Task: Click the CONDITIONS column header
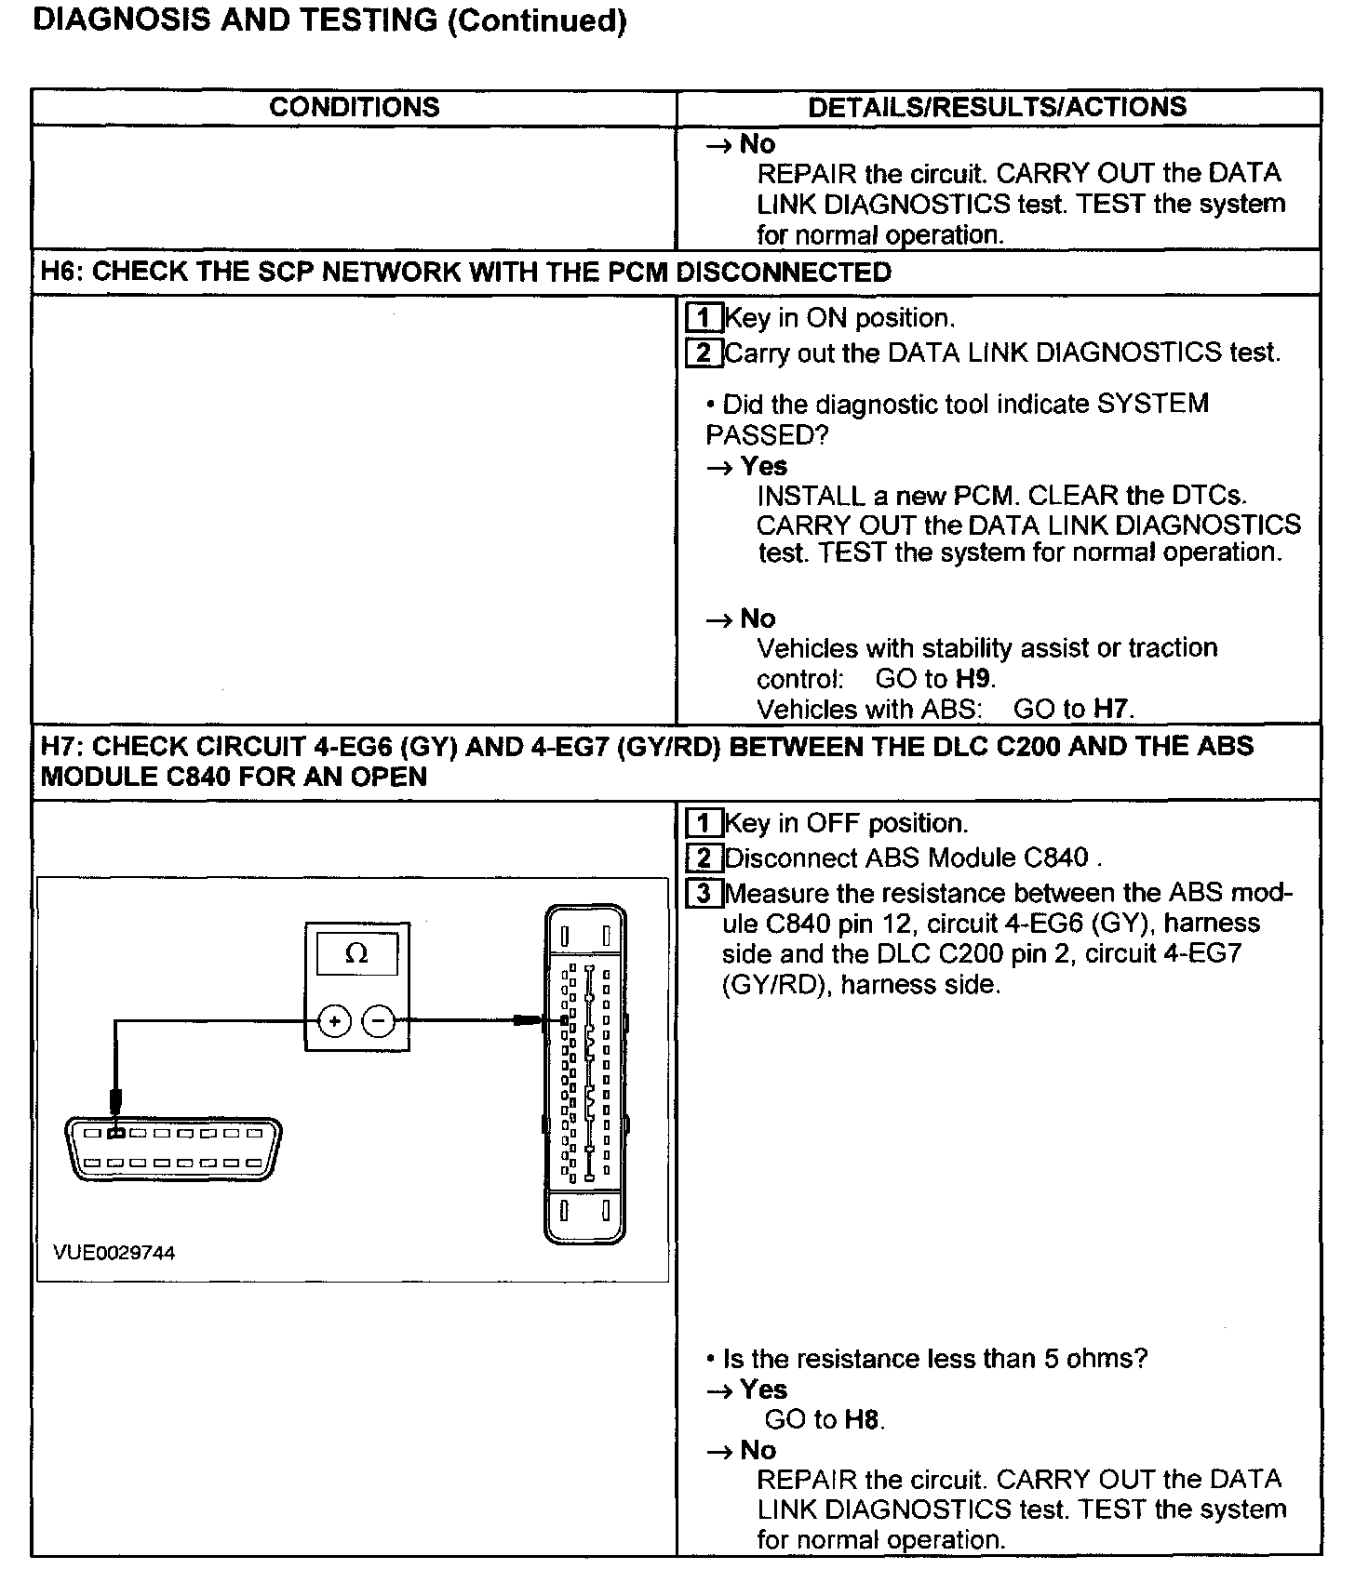coord(354,107)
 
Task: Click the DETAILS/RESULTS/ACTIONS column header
coord(997,107)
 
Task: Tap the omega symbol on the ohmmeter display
coord(356,953)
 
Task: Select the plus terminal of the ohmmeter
coord(335,1021)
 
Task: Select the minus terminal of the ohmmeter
coord(378,1021)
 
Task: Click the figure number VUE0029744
coord(114,1253)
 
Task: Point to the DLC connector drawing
coord(173,1149)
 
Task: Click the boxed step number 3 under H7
coord(704,894)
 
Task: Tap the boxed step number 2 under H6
coord(704,353)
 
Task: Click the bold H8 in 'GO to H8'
coord(862,1419)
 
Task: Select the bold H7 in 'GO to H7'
coord(1110,710)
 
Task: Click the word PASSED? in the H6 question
coord(767,435)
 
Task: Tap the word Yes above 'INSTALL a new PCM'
coord(764,466)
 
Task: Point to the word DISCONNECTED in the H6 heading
coord(784,273)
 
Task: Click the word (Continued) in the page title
coord(537,20)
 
